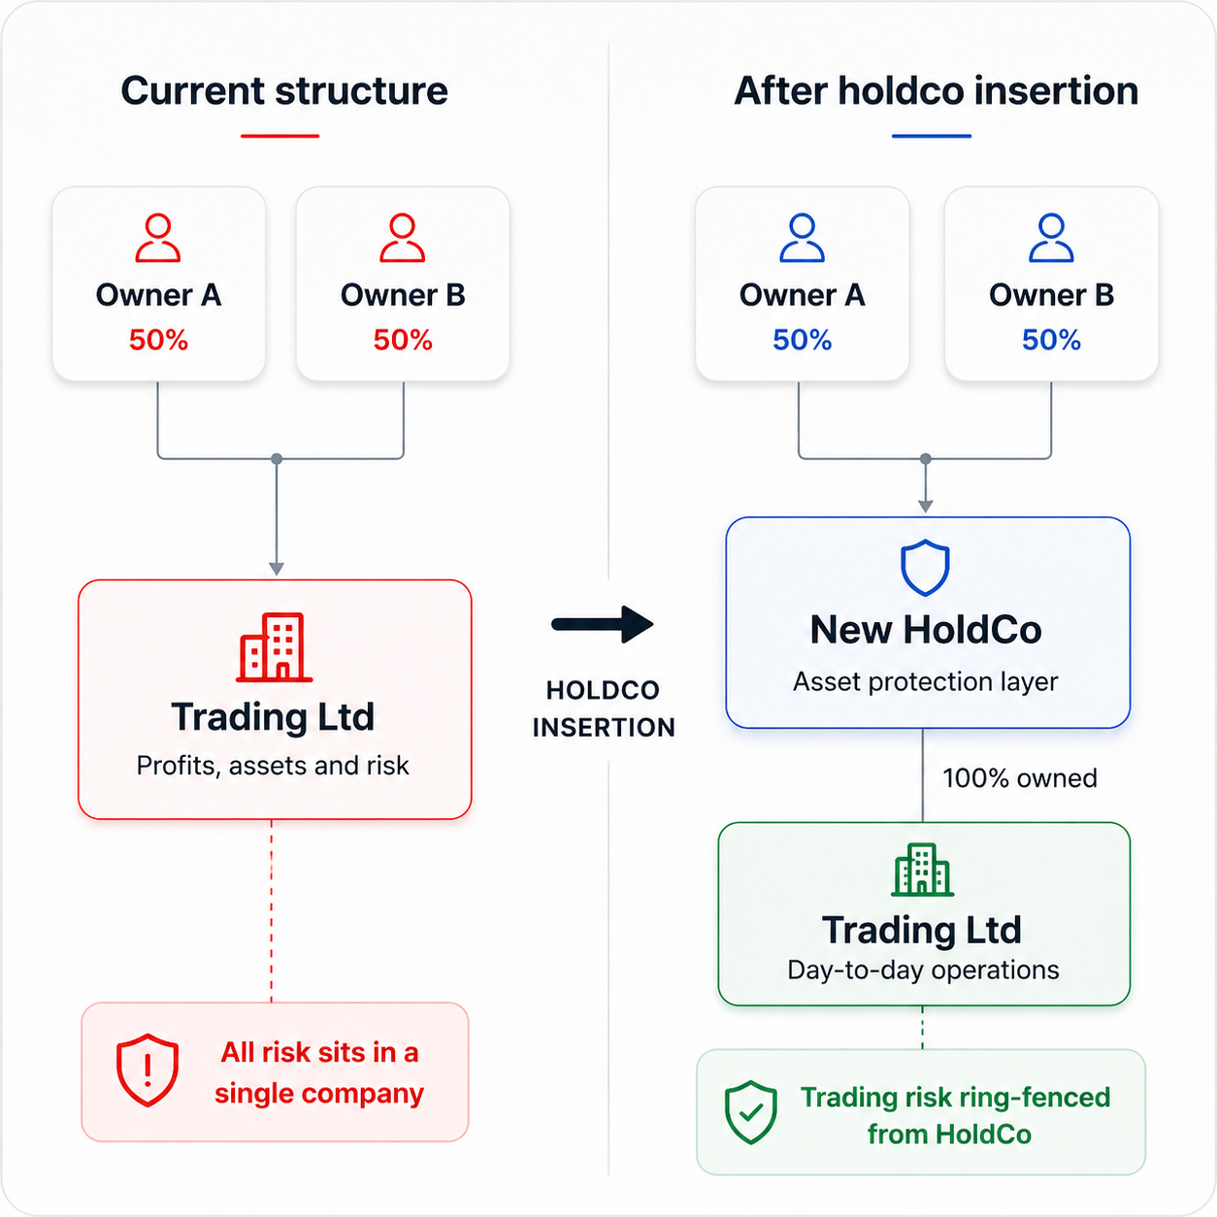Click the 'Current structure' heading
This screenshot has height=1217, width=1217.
pos(284,91)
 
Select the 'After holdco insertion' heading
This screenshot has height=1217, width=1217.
pos(936,91)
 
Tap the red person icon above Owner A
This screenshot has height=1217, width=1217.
pos(157,238)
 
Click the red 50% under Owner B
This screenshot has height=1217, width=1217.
pos(403,340)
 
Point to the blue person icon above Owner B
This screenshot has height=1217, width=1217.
pos(1051,238)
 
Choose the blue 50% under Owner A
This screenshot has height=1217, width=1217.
pos(802,340)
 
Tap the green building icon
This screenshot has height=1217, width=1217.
pos(923,870)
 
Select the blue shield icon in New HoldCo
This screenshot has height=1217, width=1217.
pos(925,568)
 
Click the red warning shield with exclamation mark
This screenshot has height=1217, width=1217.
pos(148,1070)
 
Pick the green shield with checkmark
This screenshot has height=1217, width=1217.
pos(751,1112)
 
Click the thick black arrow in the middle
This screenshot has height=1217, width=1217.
pos(603,624)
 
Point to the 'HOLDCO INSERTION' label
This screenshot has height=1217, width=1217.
pos(603,708)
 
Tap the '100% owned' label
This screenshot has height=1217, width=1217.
pos(1019,778)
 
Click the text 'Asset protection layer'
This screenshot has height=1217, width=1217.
pos(925,681)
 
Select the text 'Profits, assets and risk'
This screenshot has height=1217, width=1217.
pos(273,766)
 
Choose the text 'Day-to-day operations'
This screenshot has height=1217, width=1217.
pos(923,970)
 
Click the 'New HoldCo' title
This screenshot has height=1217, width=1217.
pos(925,630)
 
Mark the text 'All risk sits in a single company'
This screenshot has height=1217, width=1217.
pos(319,1072)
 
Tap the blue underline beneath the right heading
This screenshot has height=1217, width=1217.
pos(932,136)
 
